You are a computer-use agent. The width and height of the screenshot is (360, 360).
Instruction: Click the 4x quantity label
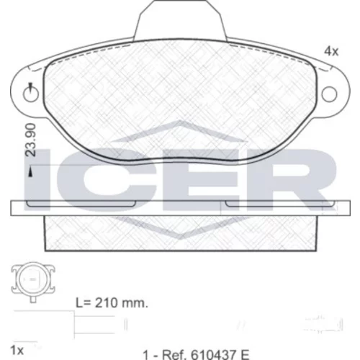pos(331,51)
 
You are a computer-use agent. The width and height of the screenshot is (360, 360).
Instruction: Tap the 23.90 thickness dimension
pos(31,140)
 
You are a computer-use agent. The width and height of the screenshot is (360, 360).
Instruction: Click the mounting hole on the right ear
pos(329,94)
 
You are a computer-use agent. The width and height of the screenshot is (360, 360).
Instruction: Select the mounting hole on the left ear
pos(31,94)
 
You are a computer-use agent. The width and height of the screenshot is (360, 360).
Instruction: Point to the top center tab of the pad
pos(180,20)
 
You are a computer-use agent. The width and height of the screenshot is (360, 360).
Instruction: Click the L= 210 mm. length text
pos(112,303)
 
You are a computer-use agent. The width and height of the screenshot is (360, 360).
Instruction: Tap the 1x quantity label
pos(17,351)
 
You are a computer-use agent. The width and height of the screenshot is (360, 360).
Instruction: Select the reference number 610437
pos(212,354)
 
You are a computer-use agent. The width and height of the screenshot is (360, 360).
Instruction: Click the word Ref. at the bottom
pos(174,354)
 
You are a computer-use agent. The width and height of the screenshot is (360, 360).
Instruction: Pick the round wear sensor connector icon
pos(33,280)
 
